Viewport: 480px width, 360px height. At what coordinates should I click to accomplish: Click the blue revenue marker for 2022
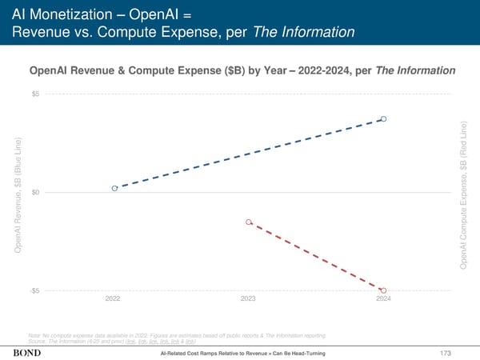pos(114,188)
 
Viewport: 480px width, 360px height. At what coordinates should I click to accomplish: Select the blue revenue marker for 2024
pos(384,119)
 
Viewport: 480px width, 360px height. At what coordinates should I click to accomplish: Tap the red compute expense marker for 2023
pos(249,222)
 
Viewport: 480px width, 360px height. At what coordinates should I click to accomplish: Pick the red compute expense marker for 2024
pos(384,290)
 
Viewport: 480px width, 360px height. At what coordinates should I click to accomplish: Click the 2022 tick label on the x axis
pos(114,299)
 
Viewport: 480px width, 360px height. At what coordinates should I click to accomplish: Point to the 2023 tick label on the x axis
pos(248,299)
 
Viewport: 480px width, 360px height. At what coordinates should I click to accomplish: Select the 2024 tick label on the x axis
pos(383,299)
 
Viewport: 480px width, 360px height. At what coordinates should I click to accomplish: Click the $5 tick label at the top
pos(36,94)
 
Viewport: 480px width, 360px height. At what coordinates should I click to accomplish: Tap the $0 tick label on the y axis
pos(36,192)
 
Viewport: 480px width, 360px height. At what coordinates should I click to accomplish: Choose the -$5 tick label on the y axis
pos(34,290)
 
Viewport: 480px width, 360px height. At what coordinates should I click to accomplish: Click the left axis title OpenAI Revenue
pos(18,196)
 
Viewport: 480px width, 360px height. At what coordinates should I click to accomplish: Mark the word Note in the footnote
pos(34,334)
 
